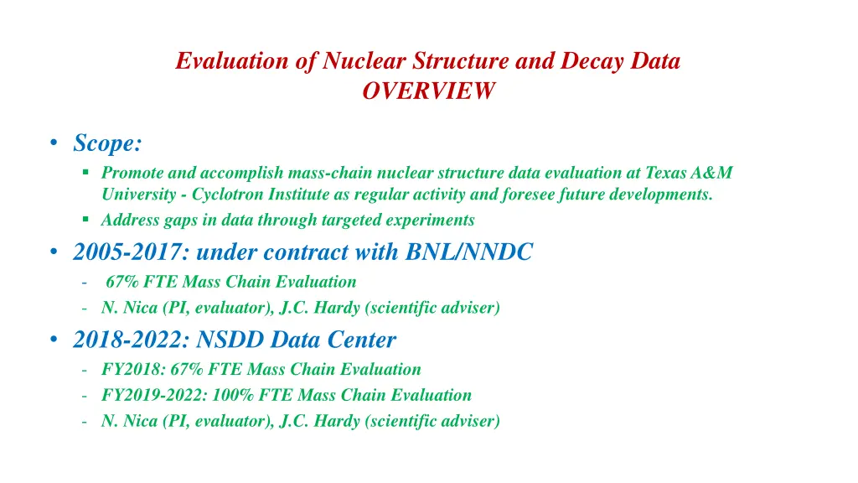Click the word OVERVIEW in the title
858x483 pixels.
coord(428,91)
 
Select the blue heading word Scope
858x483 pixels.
coord(106,143)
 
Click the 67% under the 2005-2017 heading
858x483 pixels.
coord(122,282)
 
